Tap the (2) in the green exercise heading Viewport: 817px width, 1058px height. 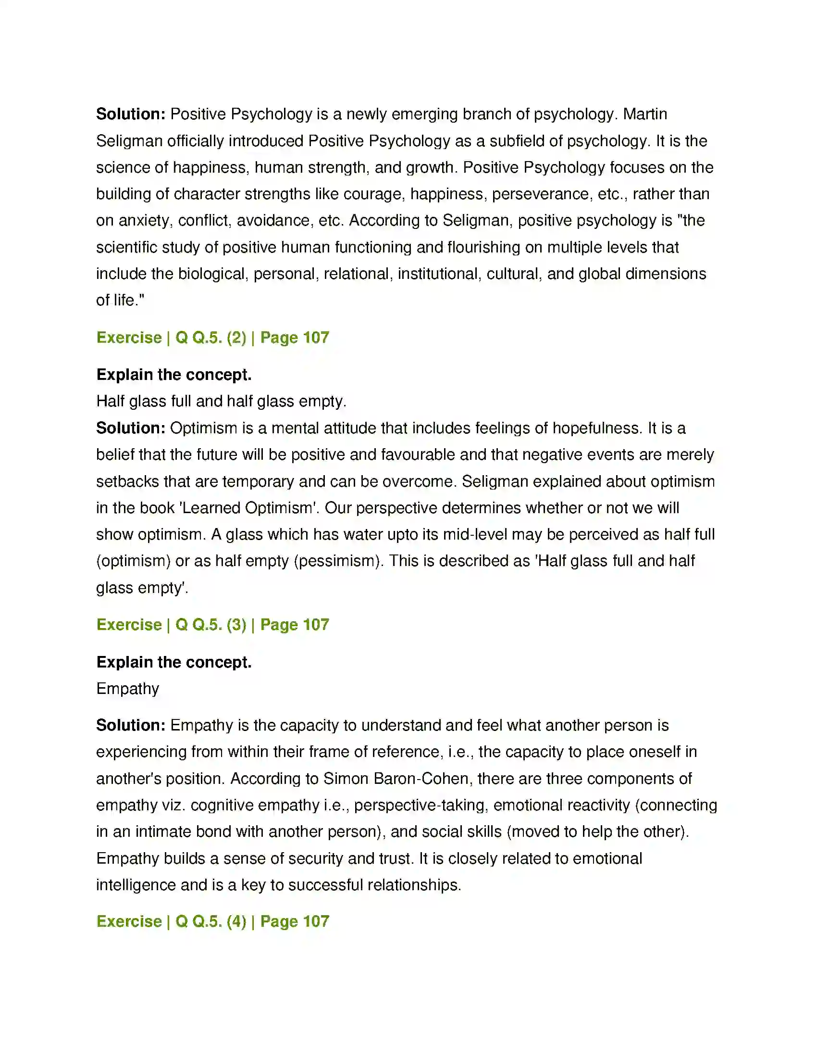[x=236, y=338]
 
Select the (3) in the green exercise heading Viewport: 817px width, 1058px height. [x=236, y=625]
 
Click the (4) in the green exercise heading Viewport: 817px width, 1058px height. [x=236, y=921]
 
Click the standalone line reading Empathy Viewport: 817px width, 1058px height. [x=128, y=689]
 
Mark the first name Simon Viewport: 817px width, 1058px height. [x=344, y=779]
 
